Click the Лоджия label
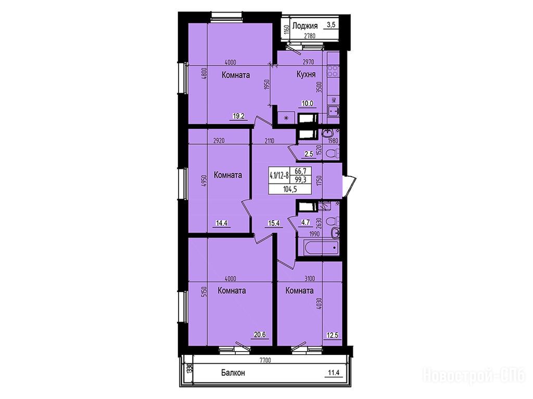pos(304,26)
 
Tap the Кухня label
pos(306,75)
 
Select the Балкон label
pos(233,373)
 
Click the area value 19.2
pos(238,116)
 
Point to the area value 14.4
pos(221,223)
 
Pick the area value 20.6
pos(259,335)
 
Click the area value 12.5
pos(332,336)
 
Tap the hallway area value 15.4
pos(274,223)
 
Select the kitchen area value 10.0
pos(307,104)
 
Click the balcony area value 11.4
pos(334,373)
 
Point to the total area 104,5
pos(290,190)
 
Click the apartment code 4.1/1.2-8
pos(279,176)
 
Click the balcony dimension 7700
pos(265,361)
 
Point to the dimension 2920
pos(219,141)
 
